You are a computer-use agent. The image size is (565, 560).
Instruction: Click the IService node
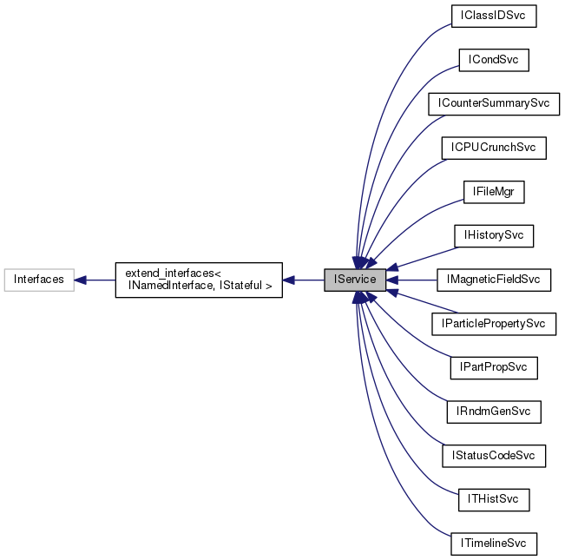click(354, 280)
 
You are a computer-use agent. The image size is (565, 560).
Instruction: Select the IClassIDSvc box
click(494, 15)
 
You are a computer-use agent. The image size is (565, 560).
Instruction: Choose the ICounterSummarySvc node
click(494, 103)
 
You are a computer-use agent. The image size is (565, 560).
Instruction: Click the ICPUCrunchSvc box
click(493, 148)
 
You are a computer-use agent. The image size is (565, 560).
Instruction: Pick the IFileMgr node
click(494, 192)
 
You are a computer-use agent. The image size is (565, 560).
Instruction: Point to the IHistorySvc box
click(493, 235)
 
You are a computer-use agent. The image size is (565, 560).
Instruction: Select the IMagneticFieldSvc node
click(493, 280)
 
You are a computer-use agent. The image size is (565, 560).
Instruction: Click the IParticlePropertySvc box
click(493, 324)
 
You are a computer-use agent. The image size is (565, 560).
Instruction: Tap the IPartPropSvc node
click(493, 367)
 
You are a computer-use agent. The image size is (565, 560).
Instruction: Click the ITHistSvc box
click(493, 500)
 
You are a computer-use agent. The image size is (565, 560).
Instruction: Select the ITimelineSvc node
click(493, 544)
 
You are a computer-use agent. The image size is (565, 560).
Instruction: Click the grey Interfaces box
click(39, 280)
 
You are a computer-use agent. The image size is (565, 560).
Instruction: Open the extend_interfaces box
click(199, 280)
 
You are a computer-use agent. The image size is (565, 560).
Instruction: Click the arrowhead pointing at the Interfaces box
click(80, 280)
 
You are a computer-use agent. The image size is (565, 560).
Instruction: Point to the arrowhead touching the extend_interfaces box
click(289, 280)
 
